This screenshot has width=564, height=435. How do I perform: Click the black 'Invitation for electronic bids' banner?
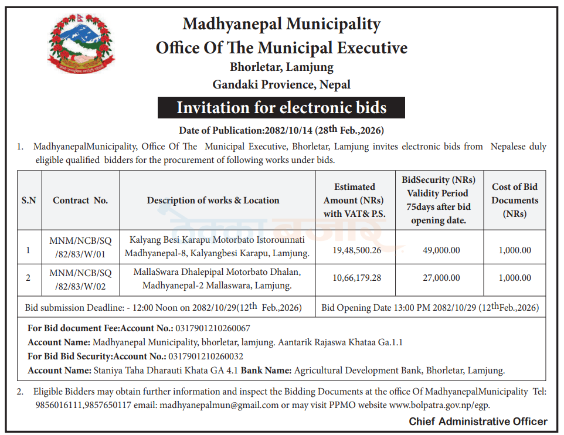pyautogui.click(x=281, y=108)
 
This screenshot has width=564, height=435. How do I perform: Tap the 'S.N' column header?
pyautogui.click(x=29, y=200)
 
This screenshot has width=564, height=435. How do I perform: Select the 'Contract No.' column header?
pyautogui.click(x=80, y=200)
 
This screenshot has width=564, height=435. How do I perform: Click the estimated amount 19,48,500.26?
pyautogui.click(x=356, y=250)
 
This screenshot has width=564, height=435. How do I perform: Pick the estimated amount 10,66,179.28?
pyautogui.click(x=356, y=277)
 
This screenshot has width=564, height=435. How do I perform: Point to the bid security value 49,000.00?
pyautogui.click(x=441, y=250)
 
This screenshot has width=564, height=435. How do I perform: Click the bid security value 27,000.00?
pyautogui.click(x=441, y=277)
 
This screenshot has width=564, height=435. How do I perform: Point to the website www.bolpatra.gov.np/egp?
pyautogui.click(x=439, y=405)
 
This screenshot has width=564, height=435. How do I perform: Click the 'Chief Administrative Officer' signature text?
pyautogui.click(x=478, y=422)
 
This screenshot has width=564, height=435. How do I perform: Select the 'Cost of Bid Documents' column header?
pyautogui.click(x=514, y=200)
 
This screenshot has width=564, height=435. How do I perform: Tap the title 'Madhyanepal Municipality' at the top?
pyautogui.click(x=281, y=25)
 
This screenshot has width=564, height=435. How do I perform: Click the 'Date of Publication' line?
pyautogui.click(x=281, y=130)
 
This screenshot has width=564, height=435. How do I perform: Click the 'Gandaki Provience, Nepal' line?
pyautogui.click(x=281, y=84)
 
